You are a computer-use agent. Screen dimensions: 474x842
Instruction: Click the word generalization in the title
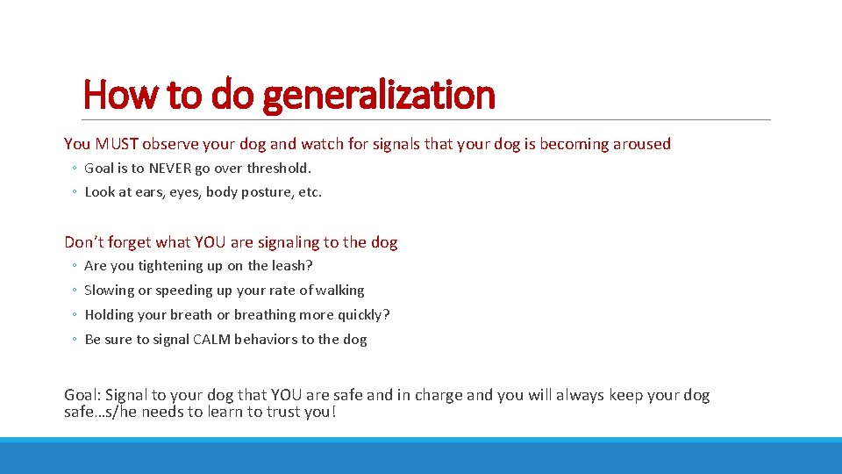pos(379,95)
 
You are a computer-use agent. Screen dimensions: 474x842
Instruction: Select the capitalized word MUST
pos(118,144)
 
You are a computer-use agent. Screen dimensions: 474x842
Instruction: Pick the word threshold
pos(278,168)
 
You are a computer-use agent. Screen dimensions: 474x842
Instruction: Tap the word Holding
pos(110,315)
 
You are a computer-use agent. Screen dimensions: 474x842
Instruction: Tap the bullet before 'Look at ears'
pos(75,192)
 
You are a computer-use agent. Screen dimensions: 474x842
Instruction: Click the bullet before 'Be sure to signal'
pos(75,340)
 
